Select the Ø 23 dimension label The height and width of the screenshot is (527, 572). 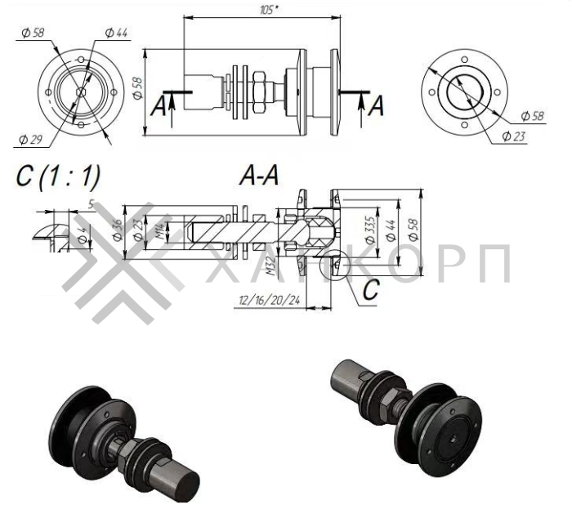point(512,135)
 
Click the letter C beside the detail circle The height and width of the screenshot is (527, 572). point(370,289)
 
